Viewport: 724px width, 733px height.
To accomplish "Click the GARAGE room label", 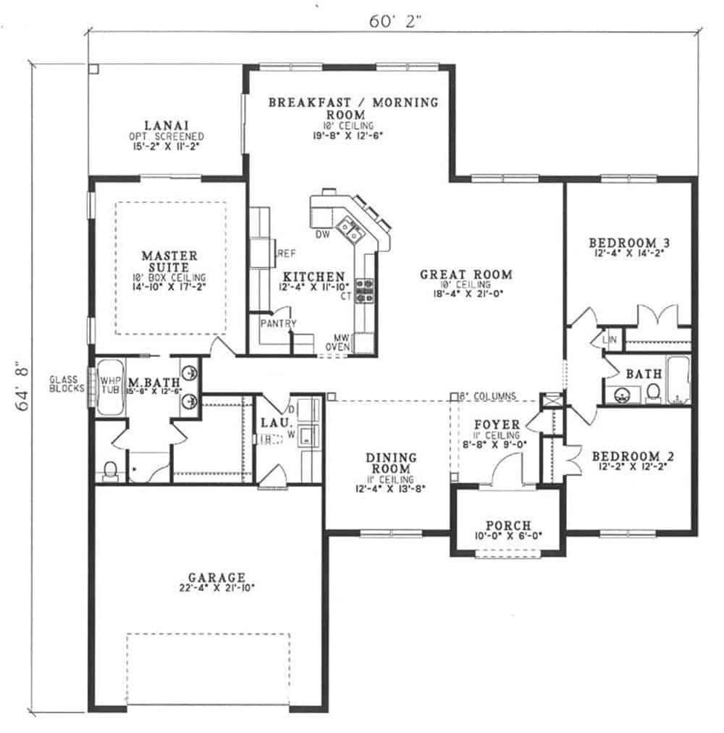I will tap(216, 577).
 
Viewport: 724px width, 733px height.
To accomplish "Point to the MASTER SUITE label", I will tap(169, 261).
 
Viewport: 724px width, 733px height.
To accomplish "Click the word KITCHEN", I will tap(313, 277).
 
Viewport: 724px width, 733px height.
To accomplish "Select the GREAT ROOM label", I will tap(466, 275).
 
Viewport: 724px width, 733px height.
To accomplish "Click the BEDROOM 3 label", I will tap(627, 243).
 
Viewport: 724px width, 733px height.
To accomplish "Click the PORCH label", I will tap(508, 524).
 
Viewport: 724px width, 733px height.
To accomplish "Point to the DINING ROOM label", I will tap(390, 464).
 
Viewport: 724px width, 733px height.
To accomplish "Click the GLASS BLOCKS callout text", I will tap(67, 383).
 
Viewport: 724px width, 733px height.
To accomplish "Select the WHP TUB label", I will tap(110, 383).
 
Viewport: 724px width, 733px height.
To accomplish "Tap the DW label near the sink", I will tap(323, 233).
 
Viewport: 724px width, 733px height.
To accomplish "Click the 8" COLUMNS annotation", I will tap(489, 396).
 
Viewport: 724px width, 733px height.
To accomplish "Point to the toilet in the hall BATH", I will tap(652, 392).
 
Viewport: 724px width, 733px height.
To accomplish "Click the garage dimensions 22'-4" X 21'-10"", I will tap(216, 589).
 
